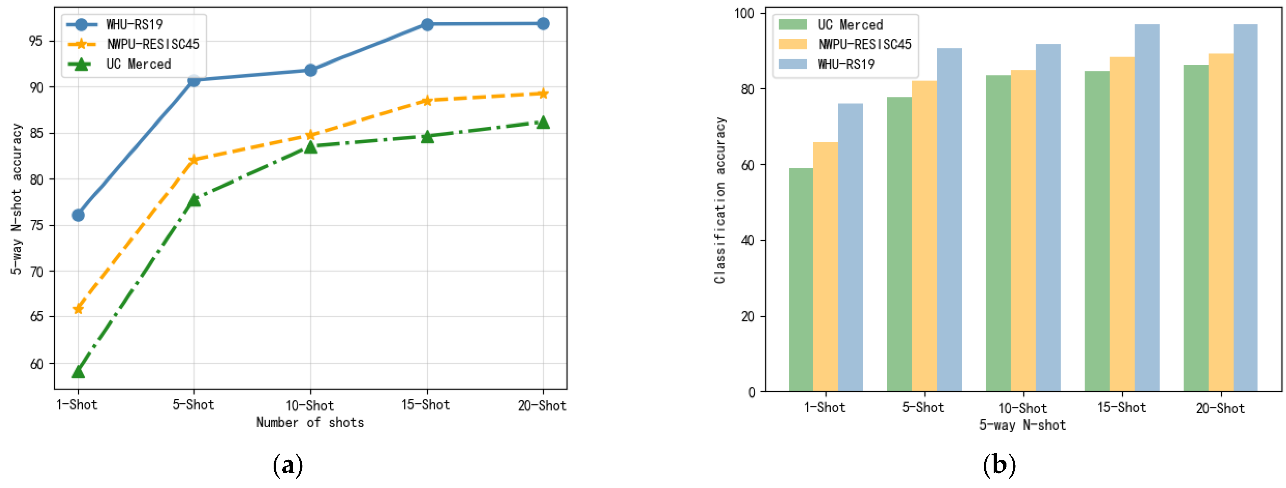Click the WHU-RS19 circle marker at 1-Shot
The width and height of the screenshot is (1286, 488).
point(78,215)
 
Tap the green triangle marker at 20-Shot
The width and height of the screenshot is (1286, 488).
point(543,123)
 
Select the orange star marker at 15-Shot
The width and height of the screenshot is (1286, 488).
point(427,100)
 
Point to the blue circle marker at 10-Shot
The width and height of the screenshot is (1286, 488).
point(310,70)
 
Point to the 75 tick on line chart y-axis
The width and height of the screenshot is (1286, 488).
point(36,225)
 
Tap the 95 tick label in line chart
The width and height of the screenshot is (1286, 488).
point(36,41)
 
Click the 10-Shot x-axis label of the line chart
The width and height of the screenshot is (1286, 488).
point(309,405)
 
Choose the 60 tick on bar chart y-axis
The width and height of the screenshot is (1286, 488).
point(747,165)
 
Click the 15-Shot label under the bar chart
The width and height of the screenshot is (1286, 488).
point(1121,407)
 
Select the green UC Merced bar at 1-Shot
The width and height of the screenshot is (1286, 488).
point(801,280)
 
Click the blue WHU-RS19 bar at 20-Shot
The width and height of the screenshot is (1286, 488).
point(1245,207)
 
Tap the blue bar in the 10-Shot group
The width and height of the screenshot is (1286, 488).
point(1048,217)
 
